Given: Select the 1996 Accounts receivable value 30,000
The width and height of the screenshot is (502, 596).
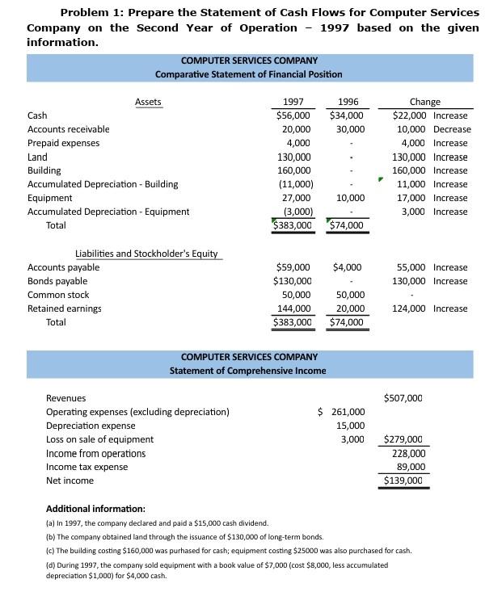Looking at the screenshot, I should [350, 129].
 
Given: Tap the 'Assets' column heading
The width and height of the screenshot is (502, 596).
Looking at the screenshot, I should [148, 102].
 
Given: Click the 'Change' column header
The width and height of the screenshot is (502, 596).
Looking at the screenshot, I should [425, 102].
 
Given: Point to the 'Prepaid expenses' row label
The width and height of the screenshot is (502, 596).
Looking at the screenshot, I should [64, 143].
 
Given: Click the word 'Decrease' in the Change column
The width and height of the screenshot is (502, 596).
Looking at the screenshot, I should [451, 129].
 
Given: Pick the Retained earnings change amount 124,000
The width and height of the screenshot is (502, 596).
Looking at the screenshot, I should [410, 308].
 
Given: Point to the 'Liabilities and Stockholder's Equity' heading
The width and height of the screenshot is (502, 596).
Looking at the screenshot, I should [146, 254].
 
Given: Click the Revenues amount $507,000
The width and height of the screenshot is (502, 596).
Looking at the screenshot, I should [403, 398].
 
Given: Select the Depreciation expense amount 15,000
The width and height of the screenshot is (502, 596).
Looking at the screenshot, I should [351, 426].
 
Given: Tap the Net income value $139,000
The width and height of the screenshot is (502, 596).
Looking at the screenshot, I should [403, 481].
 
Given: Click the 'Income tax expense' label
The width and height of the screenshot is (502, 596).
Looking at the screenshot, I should [86, 467].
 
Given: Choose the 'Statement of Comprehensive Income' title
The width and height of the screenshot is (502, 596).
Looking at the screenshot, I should [248, 371].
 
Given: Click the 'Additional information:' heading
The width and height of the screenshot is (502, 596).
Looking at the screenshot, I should [95, 509].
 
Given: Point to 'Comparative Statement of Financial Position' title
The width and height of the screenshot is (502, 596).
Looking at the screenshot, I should [249, 74].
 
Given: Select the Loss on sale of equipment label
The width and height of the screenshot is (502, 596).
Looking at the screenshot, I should [99, 439].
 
